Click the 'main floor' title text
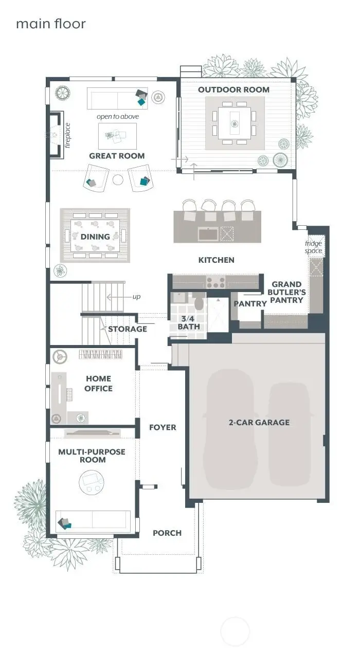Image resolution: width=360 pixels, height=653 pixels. [x=50, y=24]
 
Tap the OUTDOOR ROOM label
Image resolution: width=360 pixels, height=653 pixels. [x=233, y=89]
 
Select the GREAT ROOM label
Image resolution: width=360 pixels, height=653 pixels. [x=117, y=156]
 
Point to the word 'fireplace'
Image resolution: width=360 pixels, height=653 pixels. [x=67, y=135]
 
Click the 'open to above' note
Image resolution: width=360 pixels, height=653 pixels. [x=118, y=117]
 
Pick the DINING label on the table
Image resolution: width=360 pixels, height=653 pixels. [x=95, y=237]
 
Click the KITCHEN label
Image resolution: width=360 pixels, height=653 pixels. [x=217, y=260]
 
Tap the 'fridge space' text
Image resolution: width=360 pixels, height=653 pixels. [x=313, y=247]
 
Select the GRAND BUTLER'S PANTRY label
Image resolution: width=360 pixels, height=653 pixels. [x=287, y=292]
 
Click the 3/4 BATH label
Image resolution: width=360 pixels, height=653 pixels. [x=189, y=322]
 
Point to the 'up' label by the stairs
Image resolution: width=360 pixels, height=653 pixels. [x=136, y=297]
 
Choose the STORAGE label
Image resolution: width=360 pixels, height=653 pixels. [x=128, y=329]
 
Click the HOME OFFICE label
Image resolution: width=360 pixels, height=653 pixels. [x=98, y=384]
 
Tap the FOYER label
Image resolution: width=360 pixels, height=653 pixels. [x=163, y=427]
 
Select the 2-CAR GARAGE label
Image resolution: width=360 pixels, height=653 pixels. [x=259, y=423]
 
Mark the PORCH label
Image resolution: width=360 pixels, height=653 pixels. [x=167, y=533]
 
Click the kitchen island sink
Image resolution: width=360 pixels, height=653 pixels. [x=208, y=234]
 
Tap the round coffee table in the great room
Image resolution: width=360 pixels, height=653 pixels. [x=118, y=180]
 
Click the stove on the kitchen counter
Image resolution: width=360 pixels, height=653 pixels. [x=215, y=282]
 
